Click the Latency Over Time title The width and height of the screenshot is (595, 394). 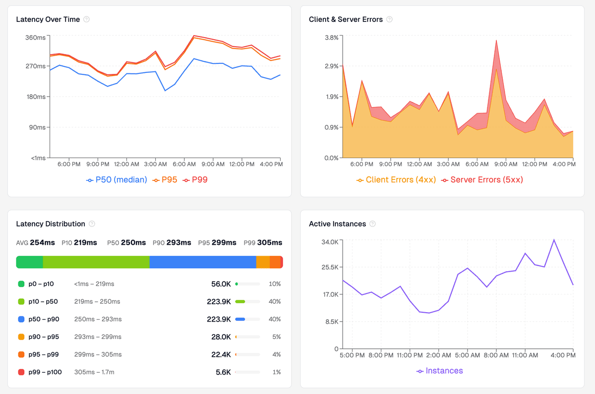(48, 19)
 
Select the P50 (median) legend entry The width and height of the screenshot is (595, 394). (117, 180)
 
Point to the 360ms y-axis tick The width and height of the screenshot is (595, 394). (35, 38)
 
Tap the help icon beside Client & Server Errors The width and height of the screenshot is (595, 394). (389, 19)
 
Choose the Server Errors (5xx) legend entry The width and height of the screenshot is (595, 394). (482, 180)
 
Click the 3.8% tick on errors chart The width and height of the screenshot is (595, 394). (331, 38)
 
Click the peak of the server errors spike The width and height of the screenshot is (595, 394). (496, 41)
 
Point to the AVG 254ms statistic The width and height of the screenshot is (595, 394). (36, 243)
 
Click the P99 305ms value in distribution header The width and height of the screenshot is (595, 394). (263, 243)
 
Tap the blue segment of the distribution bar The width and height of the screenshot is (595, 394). (202, 262)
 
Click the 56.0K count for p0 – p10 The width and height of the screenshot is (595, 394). (221, 284)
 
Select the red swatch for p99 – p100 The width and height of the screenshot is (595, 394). (21, 372)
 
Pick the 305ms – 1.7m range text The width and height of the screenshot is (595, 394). (94, 372)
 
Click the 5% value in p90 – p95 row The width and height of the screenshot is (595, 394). (276, 337)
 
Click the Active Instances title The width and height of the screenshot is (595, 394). (337, 224)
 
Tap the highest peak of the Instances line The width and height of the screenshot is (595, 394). (554, 240)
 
